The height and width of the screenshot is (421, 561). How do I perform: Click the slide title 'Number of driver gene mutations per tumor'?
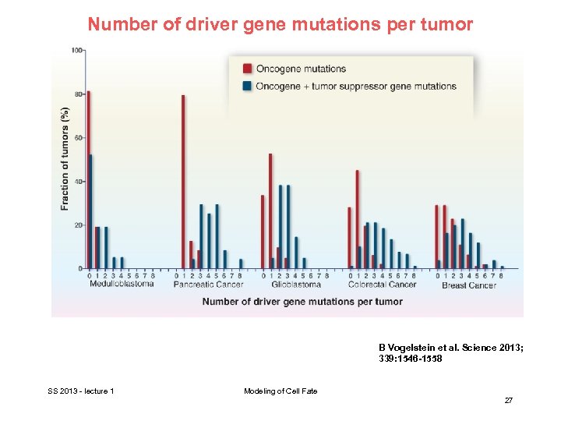point(280,24)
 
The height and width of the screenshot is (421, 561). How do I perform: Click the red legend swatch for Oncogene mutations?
point(247,69)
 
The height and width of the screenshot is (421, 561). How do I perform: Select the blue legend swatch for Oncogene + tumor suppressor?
point(247,86)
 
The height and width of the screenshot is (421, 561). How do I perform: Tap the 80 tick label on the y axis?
point(78,94)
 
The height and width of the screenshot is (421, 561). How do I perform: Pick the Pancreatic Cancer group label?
point(207,285)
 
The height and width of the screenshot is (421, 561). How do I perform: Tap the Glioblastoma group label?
point(295,285)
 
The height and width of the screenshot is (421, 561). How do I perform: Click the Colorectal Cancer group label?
point(382,285)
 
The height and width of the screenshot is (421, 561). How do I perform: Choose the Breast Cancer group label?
point(469,285)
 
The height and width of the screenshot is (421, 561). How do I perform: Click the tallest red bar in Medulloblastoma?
point(88,179)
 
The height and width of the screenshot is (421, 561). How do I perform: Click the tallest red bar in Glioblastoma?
point(270,210)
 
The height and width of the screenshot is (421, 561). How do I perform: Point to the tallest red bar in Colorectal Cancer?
point(357,219)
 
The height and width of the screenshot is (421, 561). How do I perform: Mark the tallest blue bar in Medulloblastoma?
point(91,211)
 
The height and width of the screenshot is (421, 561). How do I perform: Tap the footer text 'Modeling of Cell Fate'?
point(280,391)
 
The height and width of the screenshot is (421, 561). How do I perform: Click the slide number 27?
point(508,400)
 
